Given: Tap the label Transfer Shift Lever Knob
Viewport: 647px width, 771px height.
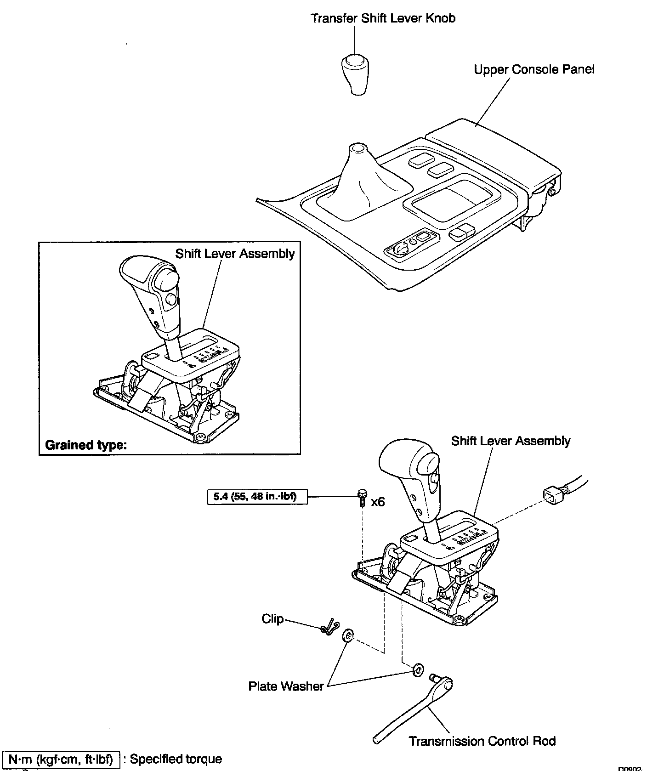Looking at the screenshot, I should [383, 18].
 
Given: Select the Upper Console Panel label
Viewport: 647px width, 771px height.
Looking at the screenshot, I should [534, 69].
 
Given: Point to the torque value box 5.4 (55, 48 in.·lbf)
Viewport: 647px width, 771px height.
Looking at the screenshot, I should [257, 496].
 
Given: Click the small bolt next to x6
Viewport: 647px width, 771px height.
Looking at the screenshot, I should [362, 497].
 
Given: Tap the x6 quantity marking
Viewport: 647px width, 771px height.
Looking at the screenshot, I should [377, 502].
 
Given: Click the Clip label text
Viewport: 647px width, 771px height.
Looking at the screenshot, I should [272, 619].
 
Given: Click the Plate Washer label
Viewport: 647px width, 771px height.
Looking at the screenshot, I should [286, 686].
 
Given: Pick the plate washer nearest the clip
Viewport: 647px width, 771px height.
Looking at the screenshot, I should [348, 637].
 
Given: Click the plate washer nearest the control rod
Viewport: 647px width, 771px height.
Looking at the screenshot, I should [418, 669].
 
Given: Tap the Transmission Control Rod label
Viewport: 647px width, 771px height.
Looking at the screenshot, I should [482, 741].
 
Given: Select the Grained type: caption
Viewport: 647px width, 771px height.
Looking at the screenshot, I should [85, 445].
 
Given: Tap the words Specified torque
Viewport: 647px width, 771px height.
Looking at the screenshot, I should [176, 759].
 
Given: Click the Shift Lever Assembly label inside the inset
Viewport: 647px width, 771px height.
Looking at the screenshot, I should [235, 253].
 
